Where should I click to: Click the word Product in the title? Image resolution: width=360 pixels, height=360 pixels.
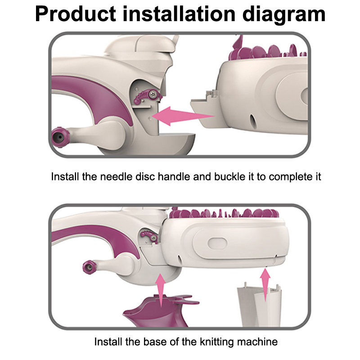[x=76, y=14]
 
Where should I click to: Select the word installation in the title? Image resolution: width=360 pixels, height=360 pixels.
[x=179, y=14]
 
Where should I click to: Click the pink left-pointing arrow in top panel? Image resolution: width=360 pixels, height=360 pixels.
[x=183, y=116]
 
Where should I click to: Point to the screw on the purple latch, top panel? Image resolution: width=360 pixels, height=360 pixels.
[x=152, y=94]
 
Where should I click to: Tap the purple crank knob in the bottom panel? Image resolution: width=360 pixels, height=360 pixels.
[x=89, y=267]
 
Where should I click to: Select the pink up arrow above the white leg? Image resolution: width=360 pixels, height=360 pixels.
[x=265, y=285]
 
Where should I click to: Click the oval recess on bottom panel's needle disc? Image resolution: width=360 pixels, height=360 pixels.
[x=217, y=244]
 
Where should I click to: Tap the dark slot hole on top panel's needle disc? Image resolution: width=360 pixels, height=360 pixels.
[x=252, y=121]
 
